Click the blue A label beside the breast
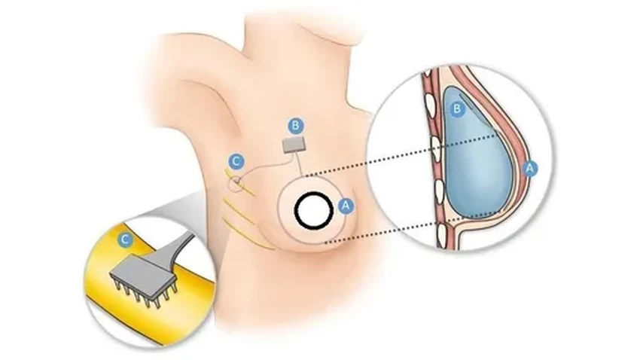pyautogui.click(x=346, y=204)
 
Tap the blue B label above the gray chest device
pyautogui.click(x=296, y=124)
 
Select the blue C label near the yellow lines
pyautogui.click(x=236, y=160)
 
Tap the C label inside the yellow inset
pyautogui.click(x=124, y=239)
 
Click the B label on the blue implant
pyautogui.click(x=456, y=109)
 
